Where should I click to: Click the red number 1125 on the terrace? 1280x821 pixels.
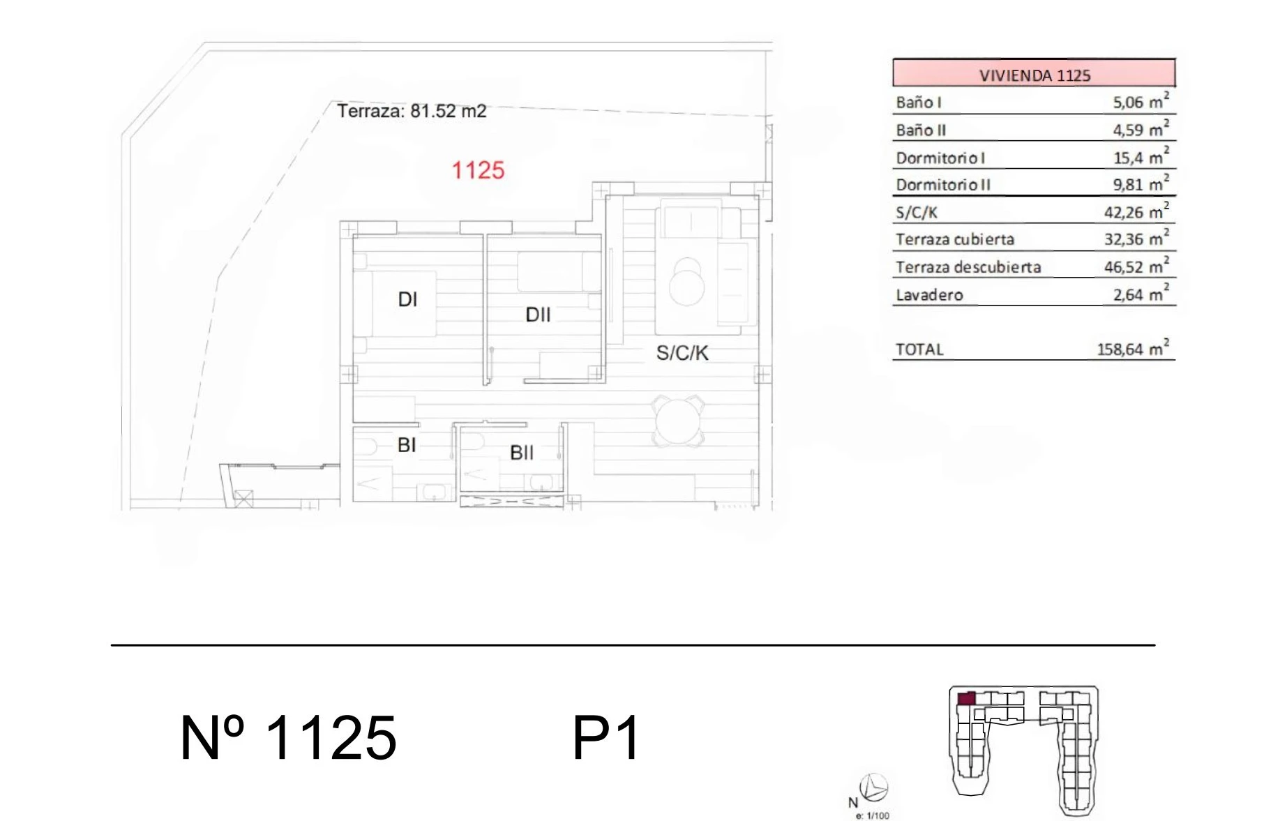point(478,170)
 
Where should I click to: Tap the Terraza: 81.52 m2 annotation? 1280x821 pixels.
point(412,111)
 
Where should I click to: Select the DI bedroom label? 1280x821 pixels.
point(407,299)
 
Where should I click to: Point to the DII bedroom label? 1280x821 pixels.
point(538,315)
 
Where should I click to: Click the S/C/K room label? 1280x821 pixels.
point(682,353)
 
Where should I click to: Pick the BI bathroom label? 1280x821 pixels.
point(407,445)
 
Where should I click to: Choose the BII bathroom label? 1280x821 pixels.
point(522,453)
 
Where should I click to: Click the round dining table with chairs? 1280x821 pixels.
point(678,421)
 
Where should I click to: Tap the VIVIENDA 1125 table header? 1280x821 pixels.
point(1034,74)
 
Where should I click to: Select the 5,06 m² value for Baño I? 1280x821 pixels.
point(1140,101)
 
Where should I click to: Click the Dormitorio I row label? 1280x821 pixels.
point(940,158)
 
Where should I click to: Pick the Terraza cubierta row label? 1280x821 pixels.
point(955,239)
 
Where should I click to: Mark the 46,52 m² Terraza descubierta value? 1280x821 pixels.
point(1136,266)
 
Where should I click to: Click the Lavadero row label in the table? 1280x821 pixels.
point(929,294)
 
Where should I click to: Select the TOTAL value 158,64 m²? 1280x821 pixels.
point(1133,348)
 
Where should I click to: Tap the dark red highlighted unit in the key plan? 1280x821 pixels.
point(966,698)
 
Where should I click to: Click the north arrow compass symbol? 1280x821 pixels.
point(874,788)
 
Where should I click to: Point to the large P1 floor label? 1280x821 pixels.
point(605,738)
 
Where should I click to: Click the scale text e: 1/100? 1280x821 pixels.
point(873,815)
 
